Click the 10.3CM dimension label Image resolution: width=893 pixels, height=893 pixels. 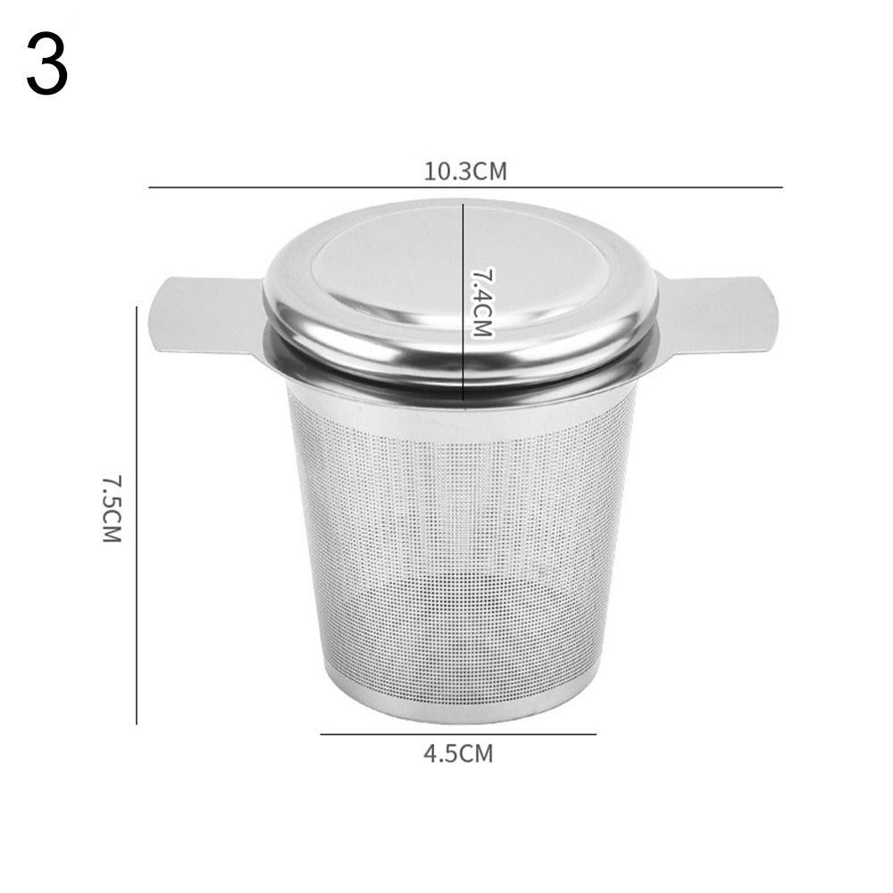click(x=464, y=171)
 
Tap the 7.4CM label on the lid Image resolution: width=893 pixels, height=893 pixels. click(x=482, y=301)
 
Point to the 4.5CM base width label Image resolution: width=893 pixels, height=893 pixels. click(x=458, y=754)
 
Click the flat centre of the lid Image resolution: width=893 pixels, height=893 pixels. click(x=402, y=268)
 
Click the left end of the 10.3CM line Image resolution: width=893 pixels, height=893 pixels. click(x=149, y=187)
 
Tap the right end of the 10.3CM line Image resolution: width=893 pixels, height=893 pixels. click(x=782, y=187)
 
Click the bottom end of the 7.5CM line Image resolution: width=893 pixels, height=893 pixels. click(x=137, y=723)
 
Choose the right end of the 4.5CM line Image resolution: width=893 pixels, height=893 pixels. click(x=596, y=734)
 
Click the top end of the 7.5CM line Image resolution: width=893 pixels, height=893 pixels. click(x=137, y=306)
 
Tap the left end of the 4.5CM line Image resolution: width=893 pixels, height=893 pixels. click(x=321, y=734)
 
